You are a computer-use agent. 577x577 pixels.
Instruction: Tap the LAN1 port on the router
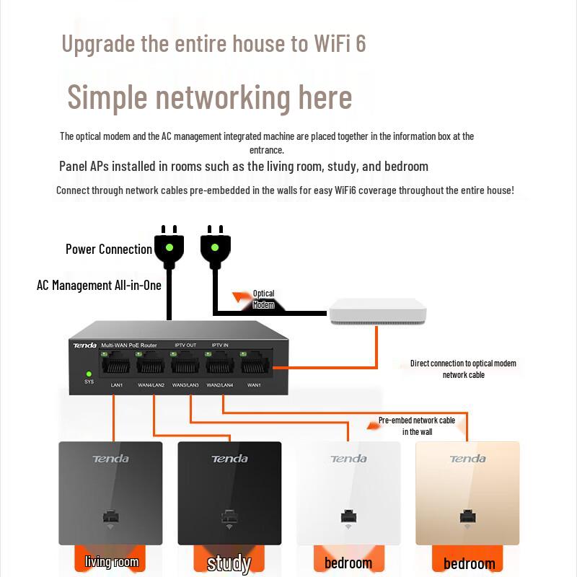coord(116,365)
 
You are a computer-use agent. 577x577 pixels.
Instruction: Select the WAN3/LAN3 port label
coord(185,385)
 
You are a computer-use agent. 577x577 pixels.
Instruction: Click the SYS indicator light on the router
coord(89,374)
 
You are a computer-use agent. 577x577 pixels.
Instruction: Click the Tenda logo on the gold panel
coord(467,459)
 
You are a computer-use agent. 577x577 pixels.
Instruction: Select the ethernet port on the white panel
coord(348,517)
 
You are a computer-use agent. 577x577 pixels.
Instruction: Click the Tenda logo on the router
coord(84,345)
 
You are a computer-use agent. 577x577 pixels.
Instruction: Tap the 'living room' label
coord(112,562)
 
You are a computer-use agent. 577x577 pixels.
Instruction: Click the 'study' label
coord(229,563)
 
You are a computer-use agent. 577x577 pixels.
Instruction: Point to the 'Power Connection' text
coord(109,250)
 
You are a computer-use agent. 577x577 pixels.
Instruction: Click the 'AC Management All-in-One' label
coord(99,285)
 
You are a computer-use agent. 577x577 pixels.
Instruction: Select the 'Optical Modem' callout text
coord(263,299)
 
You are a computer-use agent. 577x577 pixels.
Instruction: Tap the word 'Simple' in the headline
coord(107,97)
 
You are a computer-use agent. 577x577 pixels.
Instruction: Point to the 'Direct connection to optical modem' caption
coord(463,364)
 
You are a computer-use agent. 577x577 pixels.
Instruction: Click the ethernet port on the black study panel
coord(229,517)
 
